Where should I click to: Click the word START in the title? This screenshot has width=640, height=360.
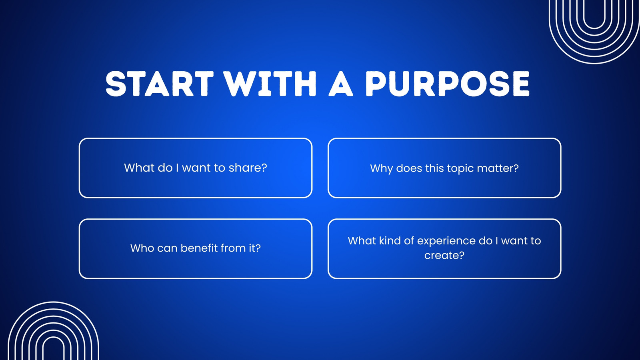(160, 84)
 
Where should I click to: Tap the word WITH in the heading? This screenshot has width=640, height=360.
(270, 84)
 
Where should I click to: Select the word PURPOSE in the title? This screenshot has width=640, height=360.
(448, 84)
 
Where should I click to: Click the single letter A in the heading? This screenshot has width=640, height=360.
(341, 84)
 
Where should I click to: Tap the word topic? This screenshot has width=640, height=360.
(460, 168)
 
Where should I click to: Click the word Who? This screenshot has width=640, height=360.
(142, 248)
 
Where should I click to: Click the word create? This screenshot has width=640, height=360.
(444, 255)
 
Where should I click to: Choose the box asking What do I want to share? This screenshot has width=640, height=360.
(196, 138)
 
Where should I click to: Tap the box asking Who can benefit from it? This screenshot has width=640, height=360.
(196, 220)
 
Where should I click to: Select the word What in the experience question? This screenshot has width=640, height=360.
(362, 240)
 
